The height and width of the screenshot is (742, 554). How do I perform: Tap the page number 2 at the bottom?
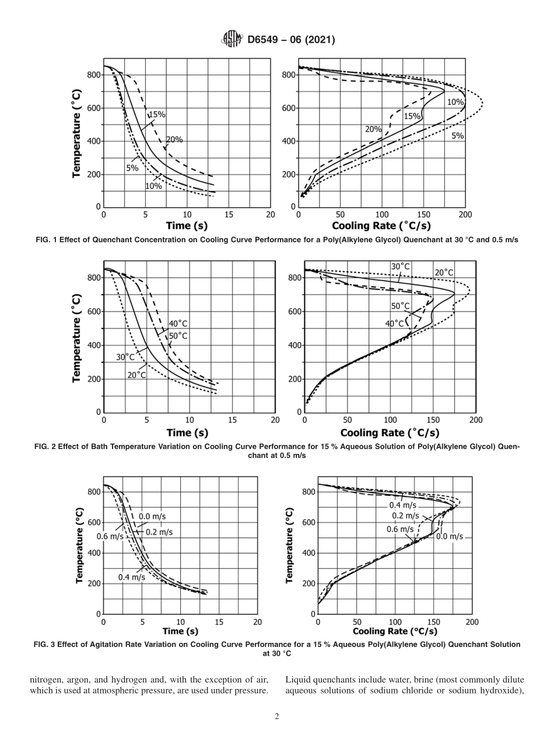[x=277, y=716]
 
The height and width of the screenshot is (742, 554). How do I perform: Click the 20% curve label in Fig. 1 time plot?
[x=174, y=139]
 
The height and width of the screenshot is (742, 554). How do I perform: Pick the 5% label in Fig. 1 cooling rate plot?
[x=457, y=136]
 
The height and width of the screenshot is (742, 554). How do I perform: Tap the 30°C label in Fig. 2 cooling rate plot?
[x=400, y=267]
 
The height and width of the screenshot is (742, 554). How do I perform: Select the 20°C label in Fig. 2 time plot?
[x=136, y=374]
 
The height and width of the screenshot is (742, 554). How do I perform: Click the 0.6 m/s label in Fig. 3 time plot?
[x=110, y=537]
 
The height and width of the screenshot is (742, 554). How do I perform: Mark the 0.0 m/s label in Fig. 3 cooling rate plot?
[x=450, y=536]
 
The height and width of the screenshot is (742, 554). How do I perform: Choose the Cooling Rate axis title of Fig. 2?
[x=390, y=432]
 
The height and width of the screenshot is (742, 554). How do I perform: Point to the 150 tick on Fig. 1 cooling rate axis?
[x=423, y=215]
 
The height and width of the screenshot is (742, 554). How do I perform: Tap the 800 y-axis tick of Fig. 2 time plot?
[x=93, y=278]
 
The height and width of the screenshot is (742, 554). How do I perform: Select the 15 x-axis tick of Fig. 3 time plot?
[x=219, y=622]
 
